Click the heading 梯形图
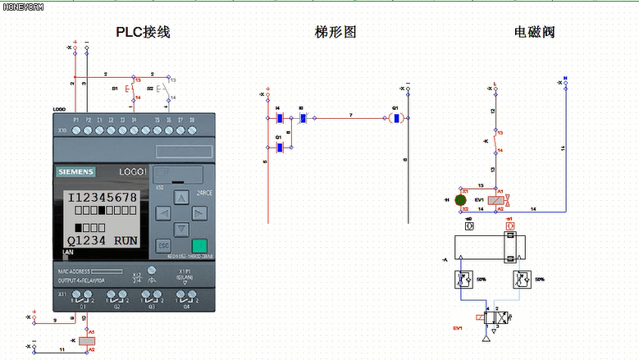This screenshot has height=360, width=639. (335, 32)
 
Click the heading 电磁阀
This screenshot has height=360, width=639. (534, 32)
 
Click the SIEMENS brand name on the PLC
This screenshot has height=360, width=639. (75, 171)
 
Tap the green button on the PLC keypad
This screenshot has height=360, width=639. (199, 246)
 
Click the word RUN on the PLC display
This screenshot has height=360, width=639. (126, 241)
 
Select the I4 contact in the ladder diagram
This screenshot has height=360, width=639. (279, 118)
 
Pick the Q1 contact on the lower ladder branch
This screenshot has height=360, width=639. (279, 148)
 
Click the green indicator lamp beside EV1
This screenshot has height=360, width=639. (461, 199)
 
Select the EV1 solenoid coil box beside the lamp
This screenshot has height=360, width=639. (496, 199)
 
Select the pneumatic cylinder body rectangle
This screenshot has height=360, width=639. (477, 246)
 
